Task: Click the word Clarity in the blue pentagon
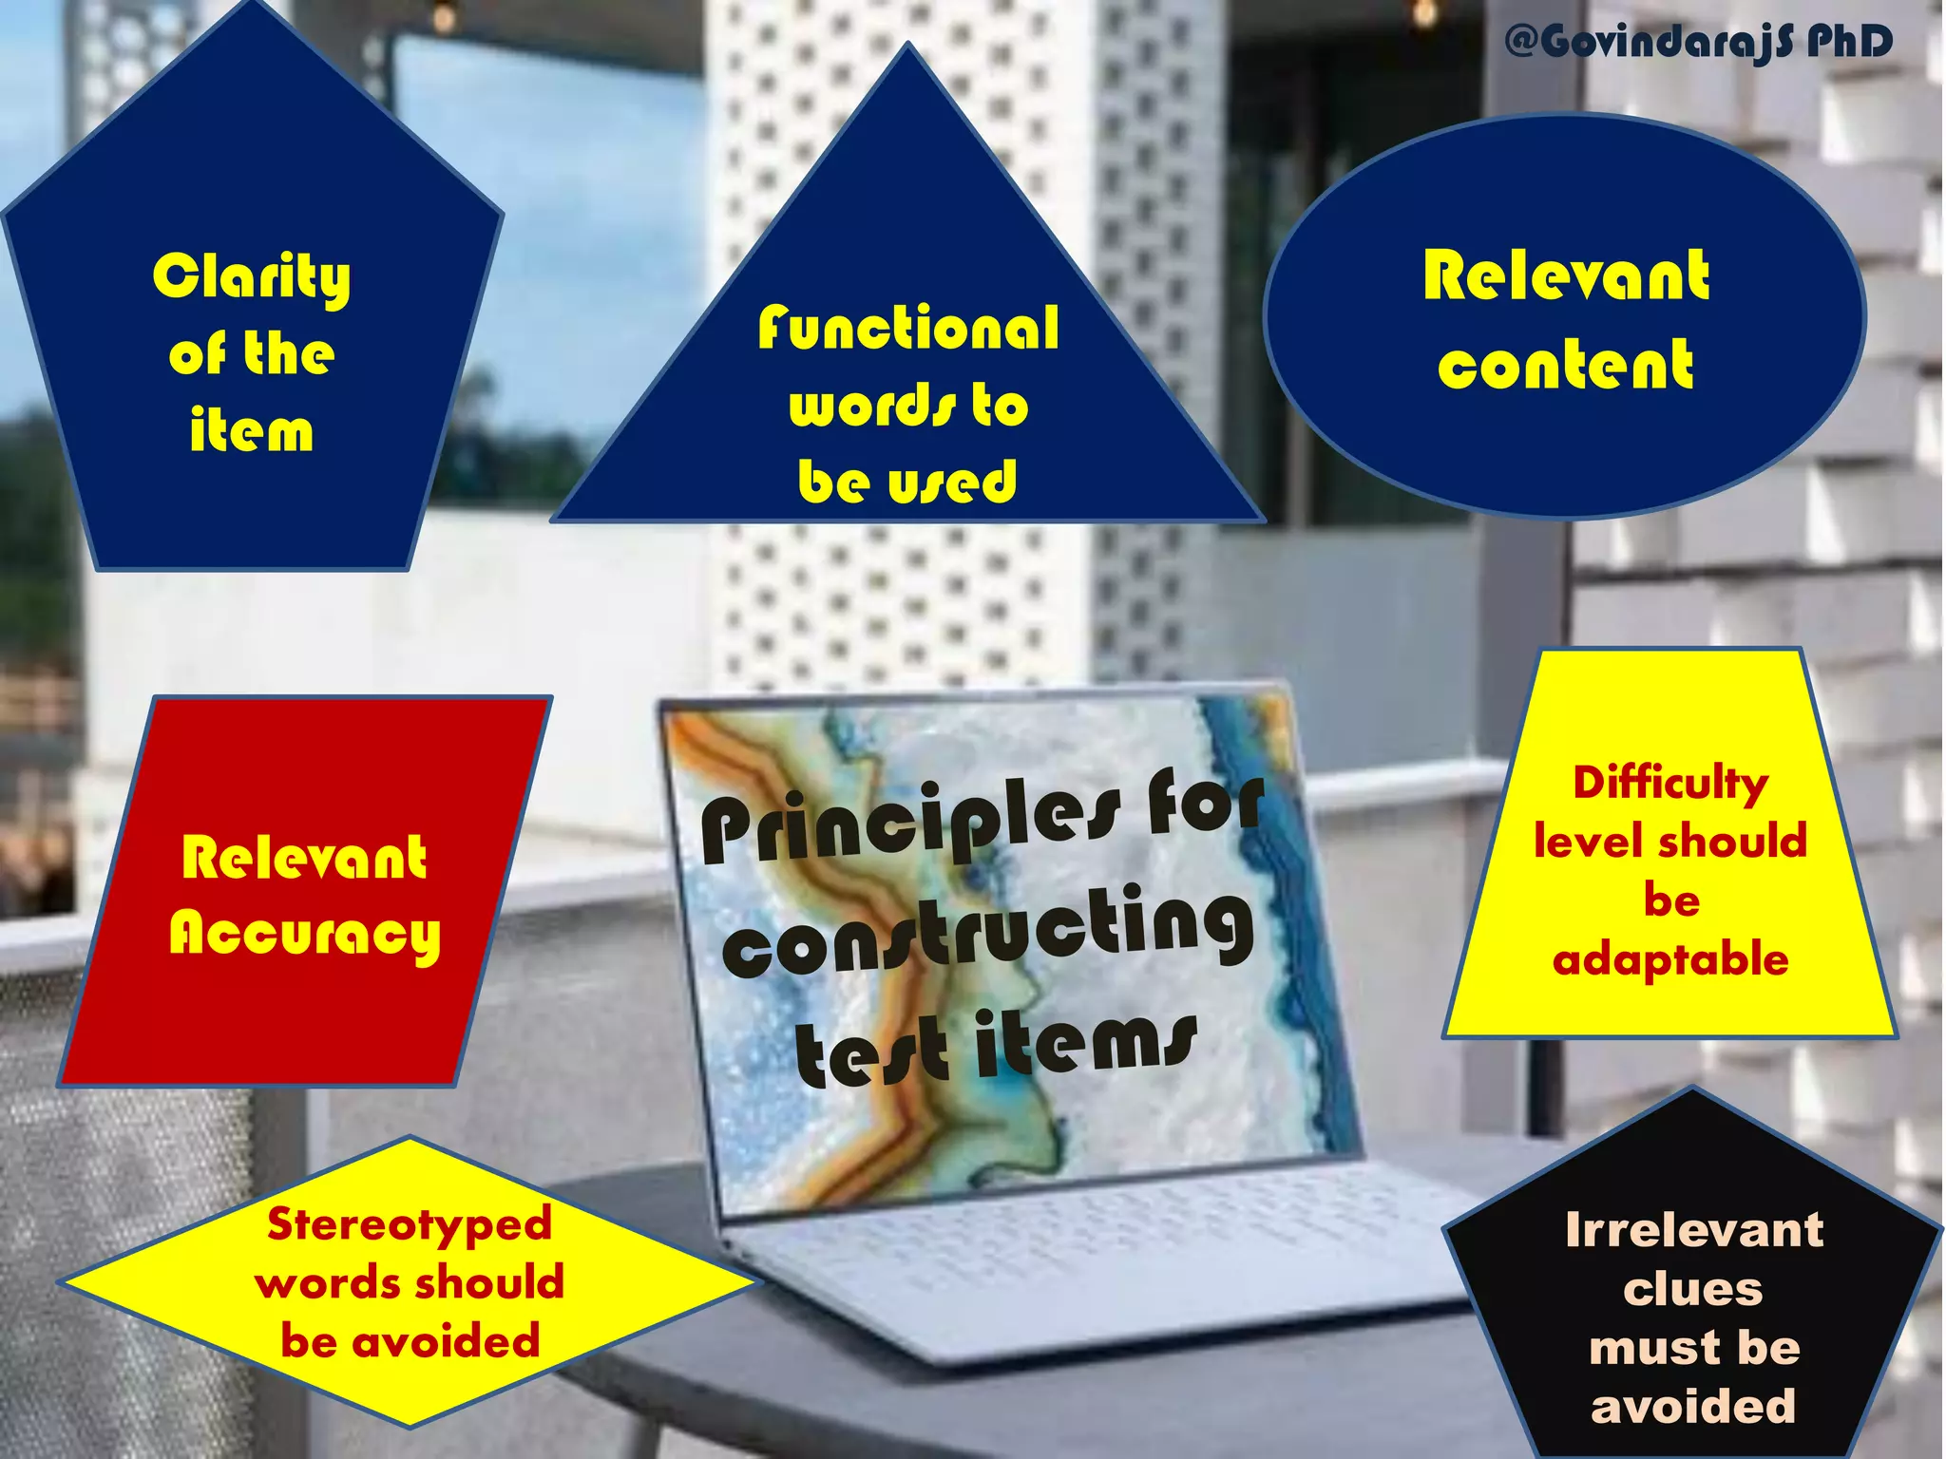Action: click(x=252, y=277)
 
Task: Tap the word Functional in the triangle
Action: click(x=908, y=329)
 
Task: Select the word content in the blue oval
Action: click(x=1565, y=366)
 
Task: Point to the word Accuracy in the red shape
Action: click(x=305, y=935)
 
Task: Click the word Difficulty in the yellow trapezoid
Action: click(x=1670, y=784)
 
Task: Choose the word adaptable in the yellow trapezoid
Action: click(x=1670, y=959)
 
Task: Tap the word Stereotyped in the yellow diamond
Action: click(x=410, y=1224)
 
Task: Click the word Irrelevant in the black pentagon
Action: click(x=1694, y=1230)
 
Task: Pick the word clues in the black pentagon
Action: click(x=1692, y=1289)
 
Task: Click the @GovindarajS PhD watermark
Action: click(x=1699, y=42)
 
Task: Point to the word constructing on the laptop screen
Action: click(x=988, y=936)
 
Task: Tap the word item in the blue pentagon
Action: click(x=251, y=430)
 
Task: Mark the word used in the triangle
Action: click(x=953, y=482)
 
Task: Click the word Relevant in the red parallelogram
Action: click(x=304, y=858)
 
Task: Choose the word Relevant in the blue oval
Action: click(x=1566, y=277)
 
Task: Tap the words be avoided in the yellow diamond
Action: click(x=410, y=1341)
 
